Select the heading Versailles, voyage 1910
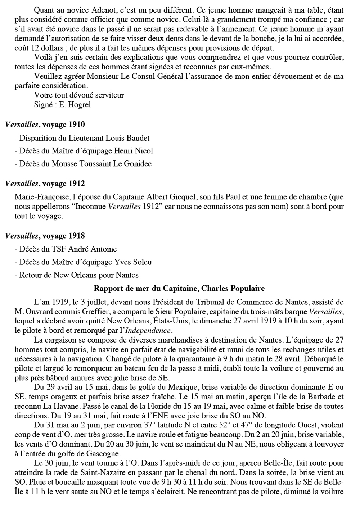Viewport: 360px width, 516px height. (x=45, y=125)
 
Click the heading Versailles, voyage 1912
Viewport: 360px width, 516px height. (x=45, y=184)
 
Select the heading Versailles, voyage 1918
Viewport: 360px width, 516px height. (x=45, y=236)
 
